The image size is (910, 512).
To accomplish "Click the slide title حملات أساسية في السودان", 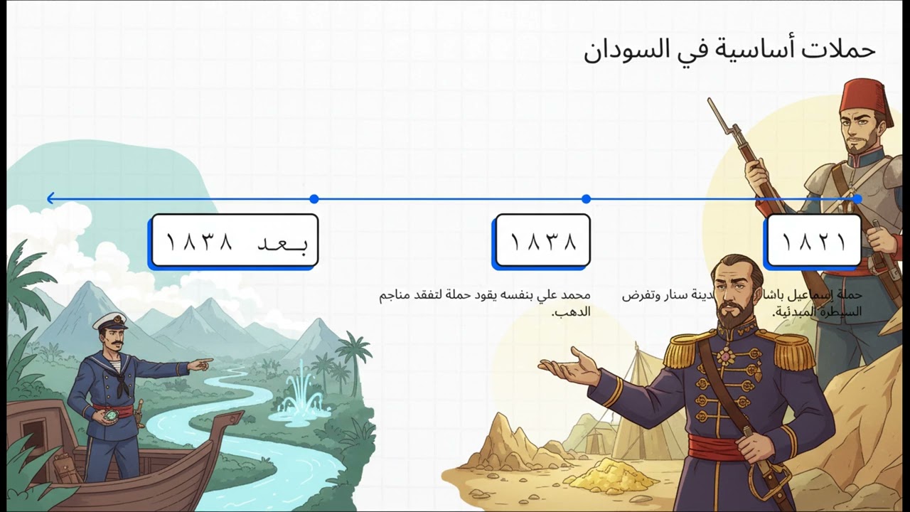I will click(729, 50).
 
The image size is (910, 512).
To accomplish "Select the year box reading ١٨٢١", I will click(813, 242).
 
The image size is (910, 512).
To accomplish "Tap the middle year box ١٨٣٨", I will click(542, 242).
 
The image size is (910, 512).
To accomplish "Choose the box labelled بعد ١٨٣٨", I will click(234, 242).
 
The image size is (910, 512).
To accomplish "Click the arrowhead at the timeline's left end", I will click(50, 199).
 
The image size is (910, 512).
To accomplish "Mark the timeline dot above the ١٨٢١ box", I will click(857, 199).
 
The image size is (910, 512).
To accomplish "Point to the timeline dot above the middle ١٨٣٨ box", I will click(586, 199).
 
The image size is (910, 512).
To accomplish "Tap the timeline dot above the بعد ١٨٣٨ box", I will click(314, 199).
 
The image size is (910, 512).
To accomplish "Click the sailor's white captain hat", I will click(110, 321).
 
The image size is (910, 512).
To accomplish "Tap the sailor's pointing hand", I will click(202, 365).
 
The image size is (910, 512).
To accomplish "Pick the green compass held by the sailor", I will click(108, 415).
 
